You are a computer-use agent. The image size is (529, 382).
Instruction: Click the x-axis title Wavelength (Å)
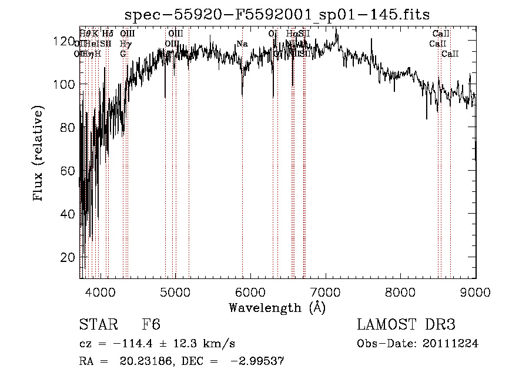[277, 307]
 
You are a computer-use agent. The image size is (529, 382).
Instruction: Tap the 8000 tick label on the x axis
[401, 291]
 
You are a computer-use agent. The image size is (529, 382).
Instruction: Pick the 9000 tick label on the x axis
[476, 291]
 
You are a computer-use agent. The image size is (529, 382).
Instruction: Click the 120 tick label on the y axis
[64, 41]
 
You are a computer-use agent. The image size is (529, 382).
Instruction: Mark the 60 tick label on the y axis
[68, 171]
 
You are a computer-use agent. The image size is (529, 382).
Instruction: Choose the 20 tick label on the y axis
[68, 257]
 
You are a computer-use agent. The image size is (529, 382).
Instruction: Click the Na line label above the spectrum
[242, 44]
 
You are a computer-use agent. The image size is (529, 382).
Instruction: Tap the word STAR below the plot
[98, 325]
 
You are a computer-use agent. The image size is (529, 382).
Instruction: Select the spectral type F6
[151, 325]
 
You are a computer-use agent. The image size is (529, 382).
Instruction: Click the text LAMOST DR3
[406, 325]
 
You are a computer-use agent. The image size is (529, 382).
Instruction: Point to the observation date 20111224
[451, 344]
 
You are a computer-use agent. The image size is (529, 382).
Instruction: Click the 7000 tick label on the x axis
[326, 291]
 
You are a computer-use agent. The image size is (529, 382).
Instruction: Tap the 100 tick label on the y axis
[64, 84]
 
